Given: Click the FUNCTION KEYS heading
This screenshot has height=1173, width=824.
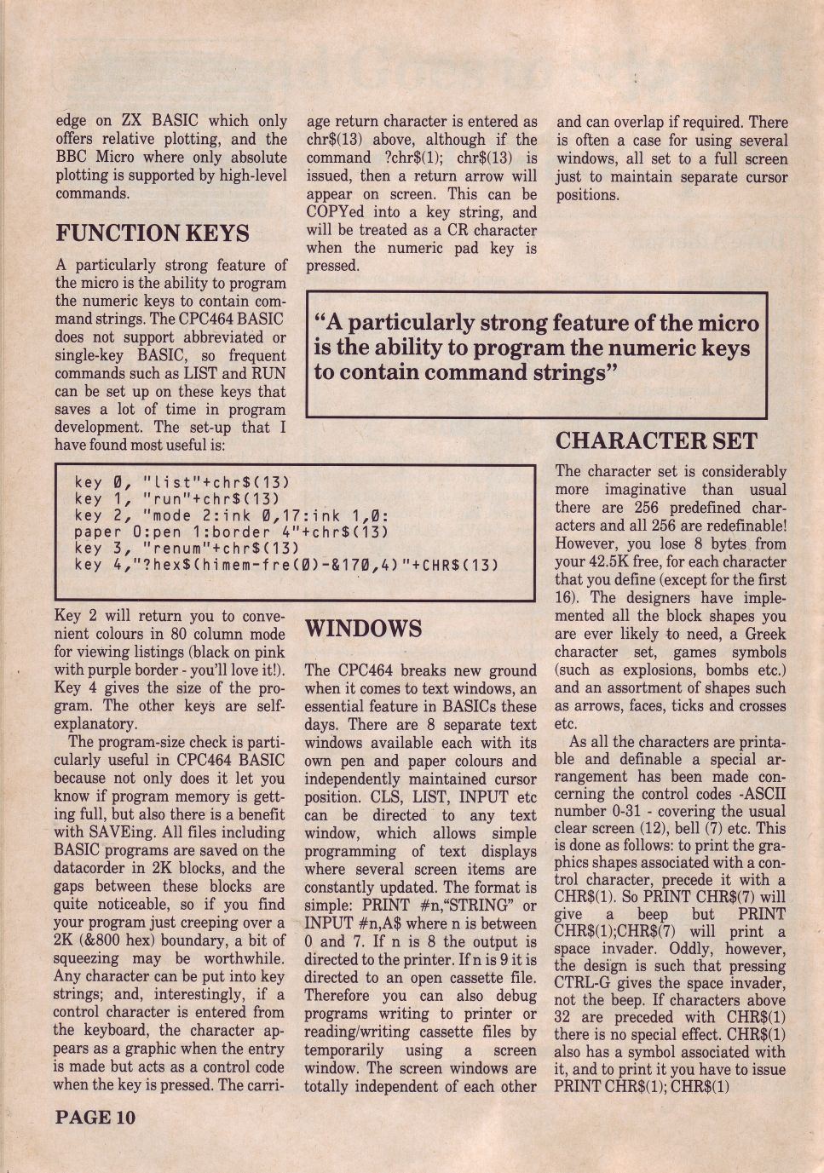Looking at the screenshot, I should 153,233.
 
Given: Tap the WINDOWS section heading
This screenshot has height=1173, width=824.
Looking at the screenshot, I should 363,630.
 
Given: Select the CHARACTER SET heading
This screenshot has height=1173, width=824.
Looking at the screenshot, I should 655,441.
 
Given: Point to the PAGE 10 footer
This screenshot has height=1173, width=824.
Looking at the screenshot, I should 95,1118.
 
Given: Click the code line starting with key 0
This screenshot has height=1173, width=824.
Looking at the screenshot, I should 182,482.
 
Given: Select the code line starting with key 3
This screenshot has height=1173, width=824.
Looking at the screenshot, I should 187,548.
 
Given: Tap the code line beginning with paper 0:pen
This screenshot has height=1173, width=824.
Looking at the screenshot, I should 231,532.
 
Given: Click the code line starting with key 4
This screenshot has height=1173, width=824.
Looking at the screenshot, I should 285,565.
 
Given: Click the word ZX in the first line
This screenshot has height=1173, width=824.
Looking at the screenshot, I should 133,121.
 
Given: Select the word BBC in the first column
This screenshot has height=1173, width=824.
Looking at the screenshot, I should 72,158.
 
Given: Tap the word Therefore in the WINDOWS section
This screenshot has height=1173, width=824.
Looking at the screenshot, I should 340,996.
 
